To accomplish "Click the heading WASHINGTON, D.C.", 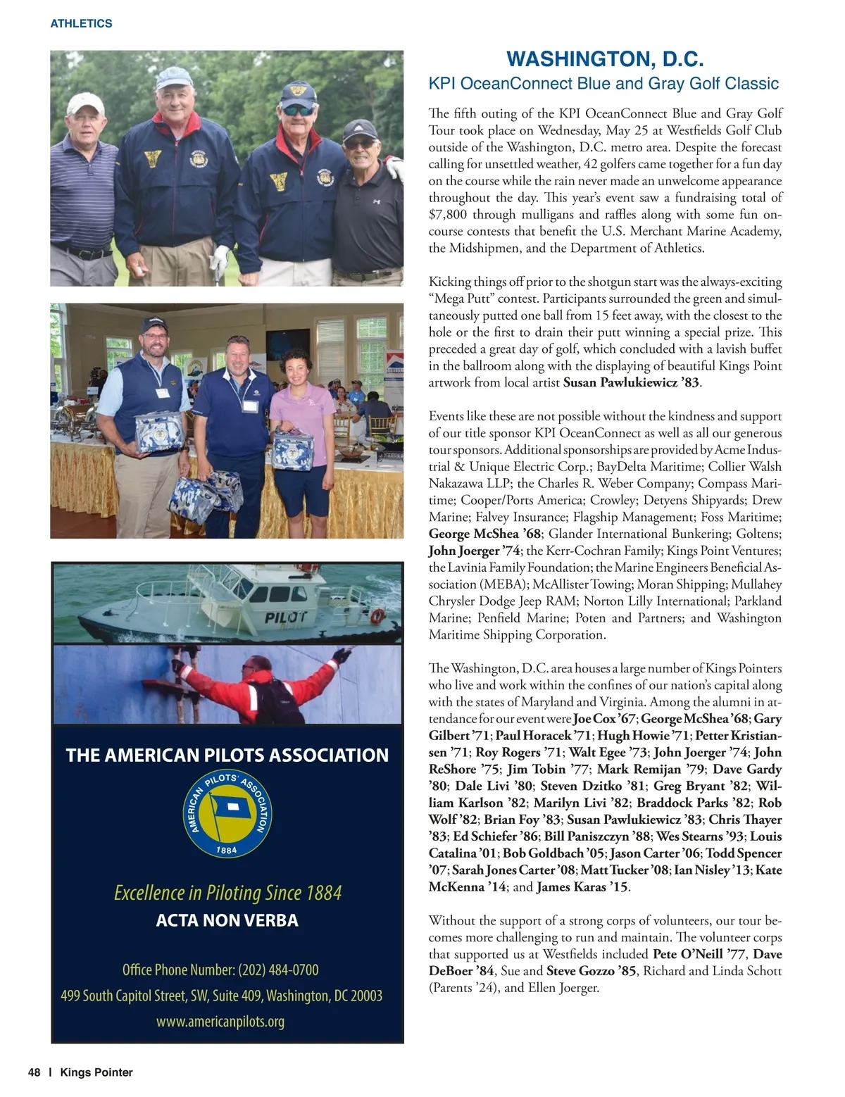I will coord(605,58).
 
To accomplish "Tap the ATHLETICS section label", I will coord(81,23).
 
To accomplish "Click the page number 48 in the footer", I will coord(34,1072).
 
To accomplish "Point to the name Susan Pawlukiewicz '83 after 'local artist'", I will coord(631,382).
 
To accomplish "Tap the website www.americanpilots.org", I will coord(220,1022).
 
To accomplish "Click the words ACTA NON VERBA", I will coord(227,920).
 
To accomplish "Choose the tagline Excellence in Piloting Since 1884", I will coord(227,893).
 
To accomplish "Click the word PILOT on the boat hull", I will coord(286,618).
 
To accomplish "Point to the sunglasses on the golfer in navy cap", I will coord(299,111).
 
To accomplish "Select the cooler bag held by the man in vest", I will coord(158,432).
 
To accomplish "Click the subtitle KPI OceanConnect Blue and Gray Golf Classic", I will coord(603,83).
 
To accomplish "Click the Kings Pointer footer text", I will coord(96,1072).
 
